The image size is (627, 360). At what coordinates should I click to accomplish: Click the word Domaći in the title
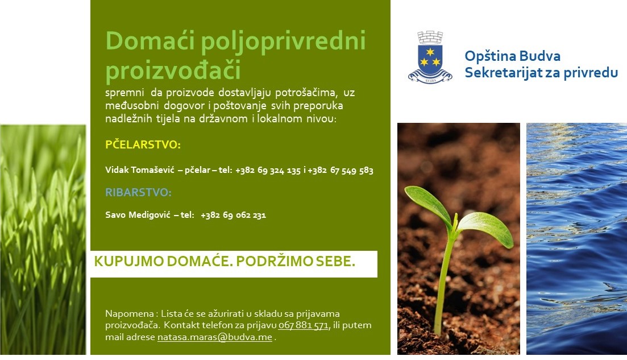tap(150, 40)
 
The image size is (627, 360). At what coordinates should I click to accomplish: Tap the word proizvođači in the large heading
tap(173, 69)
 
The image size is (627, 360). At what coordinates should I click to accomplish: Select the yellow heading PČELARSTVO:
tap(143, 144)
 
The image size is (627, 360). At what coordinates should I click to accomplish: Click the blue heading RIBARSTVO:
tap(138, 192)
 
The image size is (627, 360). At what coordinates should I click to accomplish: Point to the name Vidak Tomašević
tap(140, 170)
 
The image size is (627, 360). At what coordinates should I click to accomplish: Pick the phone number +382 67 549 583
tap(341, 171)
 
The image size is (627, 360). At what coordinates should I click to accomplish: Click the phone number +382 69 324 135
tap(268, 171)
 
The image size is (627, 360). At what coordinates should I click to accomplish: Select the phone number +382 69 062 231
tap(233, 215)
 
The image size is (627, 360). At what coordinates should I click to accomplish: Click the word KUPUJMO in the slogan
tap(129, 261)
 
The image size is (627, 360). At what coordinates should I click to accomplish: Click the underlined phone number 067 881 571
tap(303, 325)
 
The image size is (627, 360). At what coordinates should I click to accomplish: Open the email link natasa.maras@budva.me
tap(215, 337)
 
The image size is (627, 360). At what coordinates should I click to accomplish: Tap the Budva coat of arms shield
tap(430, 60)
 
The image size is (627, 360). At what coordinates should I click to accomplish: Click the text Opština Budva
tap(512, 56)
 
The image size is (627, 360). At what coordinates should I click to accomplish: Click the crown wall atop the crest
tap(430, 37)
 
